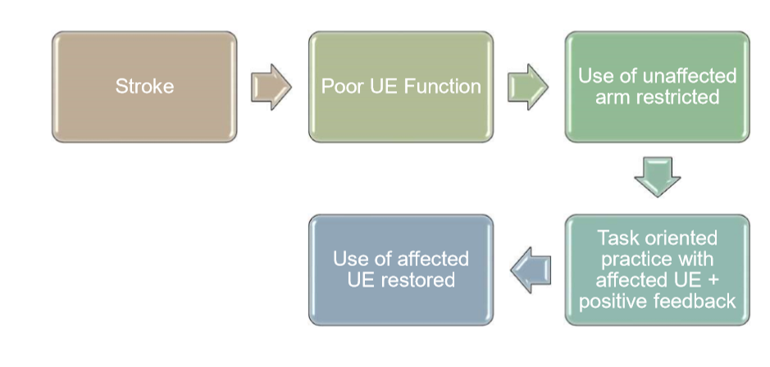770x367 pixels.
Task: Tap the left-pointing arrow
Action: pyautogui.click(x=530, y=270)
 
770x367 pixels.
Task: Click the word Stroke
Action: pyautogui.click(x=144, y=87)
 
